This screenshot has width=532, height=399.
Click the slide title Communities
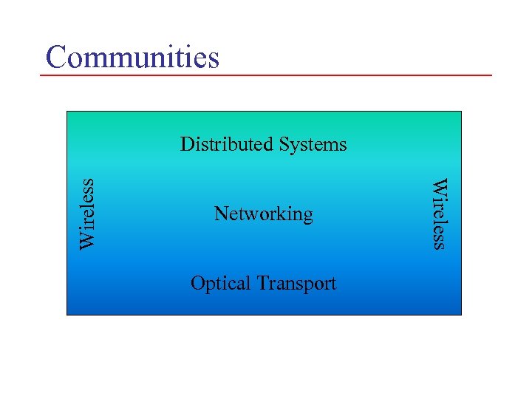[x=132, y=57]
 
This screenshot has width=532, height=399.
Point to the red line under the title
[x=266, y=75]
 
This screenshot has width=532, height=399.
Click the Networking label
[x=263, y=214]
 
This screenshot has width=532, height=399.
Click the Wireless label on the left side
[x=88, y=214]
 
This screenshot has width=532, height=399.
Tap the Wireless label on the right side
[x=439, y=214]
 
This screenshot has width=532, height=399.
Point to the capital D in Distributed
[x=186, y=143]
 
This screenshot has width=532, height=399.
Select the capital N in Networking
[x=220, y=214]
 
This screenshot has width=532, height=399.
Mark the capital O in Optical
[x=197, y=283]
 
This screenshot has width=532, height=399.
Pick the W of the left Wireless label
[x=88, y=240]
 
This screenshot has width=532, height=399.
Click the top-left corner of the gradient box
[x=67, y=112]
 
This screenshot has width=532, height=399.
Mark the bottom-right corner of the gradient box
[x=461, y=315]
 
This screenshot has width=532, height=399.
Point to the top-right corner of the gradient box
[x=461, y=112]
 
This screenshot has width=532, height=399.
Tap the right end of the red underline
[x=491, y=75]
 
